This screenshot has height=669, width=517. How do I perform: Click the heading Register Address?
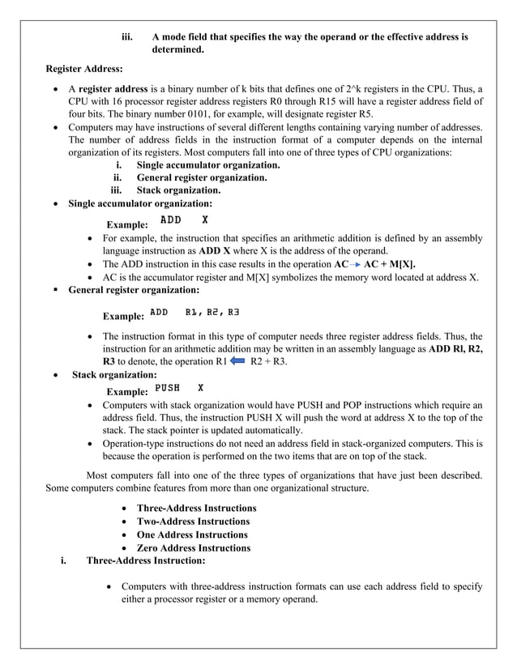point(83,70)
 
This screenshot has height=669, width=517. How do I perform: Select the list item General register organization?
point(202,177)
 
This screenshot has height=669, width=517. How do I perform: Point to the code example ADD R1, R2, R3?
point(194,312)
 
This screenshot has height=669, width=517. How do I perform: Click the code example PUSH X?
point(179,388)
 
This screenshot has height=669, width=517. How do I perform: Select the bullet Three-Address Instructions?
point(196,508)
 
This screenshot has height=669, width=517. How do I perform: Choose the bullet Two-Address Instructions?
point(193,522)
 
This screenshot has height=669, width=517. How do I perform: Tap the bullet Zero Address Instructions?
point(194,548)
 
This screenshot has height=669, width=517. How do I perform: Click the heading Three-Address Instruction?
point(146,560)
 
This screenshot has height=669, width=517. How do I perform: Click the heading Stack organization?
point(114,375)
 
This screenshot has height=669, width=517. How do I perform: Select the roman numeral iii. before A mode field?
point(127,37)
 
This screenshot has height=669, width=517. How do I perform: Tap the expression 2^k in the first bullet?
point(395,88)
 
